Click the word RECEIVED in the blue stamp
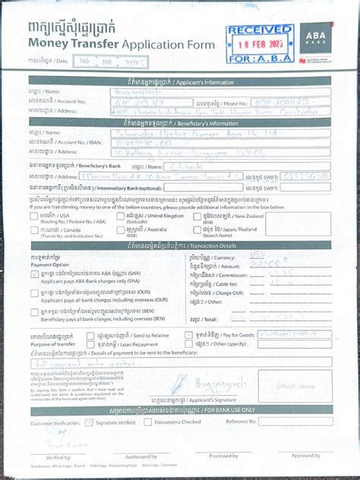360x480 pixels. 259,30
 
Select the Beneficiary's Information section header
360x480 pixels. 180,122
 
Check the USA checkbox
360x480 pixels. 35,215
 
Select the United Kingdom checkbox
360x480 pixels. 121,215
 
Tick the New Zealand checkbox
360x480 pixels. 196,215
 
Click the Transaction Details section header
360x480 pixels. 180,246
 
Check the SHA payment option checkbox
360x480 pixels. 35,273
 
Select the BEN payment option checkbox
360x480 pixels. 35,312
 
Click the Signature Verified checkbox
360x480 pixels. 90,422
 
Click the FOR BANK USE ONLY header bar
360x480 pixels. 180,409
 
